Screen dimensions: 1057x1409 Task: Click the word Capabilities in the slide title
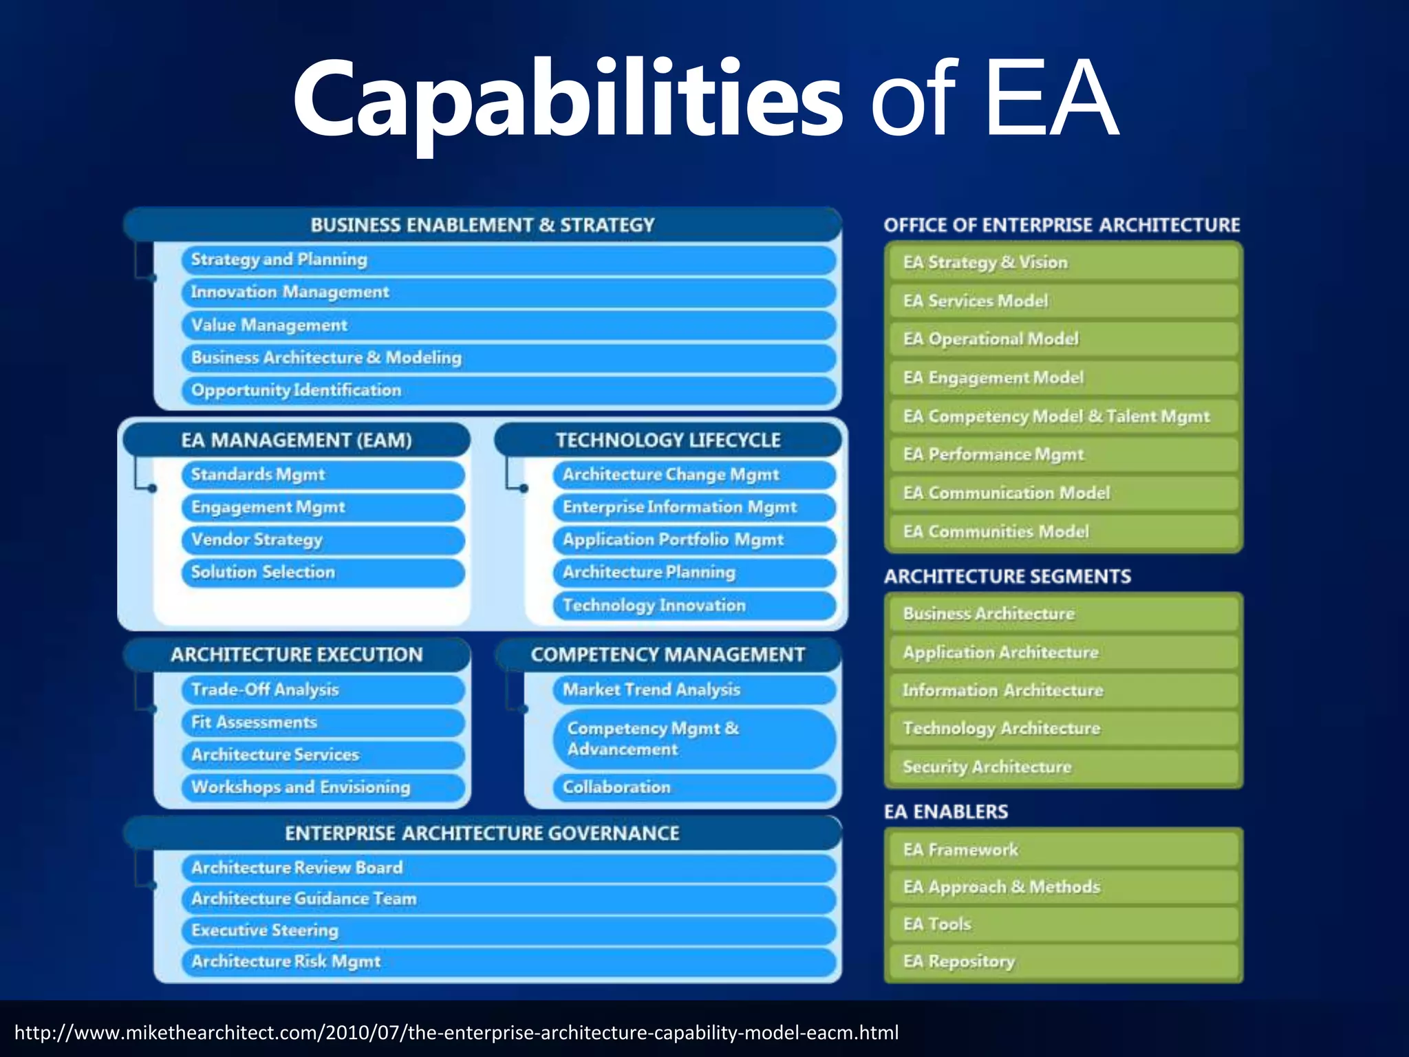[568, 100]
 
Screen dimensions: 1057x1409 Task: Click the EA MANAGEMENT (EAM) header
[297, 440]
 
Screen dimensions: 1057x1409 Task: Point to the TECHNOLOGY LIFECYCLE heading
[668, 440]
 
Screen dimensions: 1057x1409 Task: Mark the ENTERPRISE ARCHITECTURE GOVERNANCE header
[482, 833]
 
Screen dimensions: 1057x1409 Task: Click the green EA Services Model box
[1063, 301]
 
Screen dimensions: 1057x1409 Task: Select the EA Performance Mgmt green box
[1063, 454]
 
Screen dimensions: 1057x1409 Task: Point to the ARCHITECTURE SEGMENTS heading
[1007, 576]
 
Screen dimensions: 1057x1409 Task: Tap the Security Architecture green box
[1063, 767]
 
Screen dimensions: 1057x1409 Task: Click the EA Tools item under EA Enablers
[1063, 924]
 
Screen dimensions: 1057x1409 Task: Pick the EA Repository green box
[1063, 961]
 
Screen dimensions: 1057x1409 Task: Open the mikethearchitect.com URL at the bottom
[456, 1032]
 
